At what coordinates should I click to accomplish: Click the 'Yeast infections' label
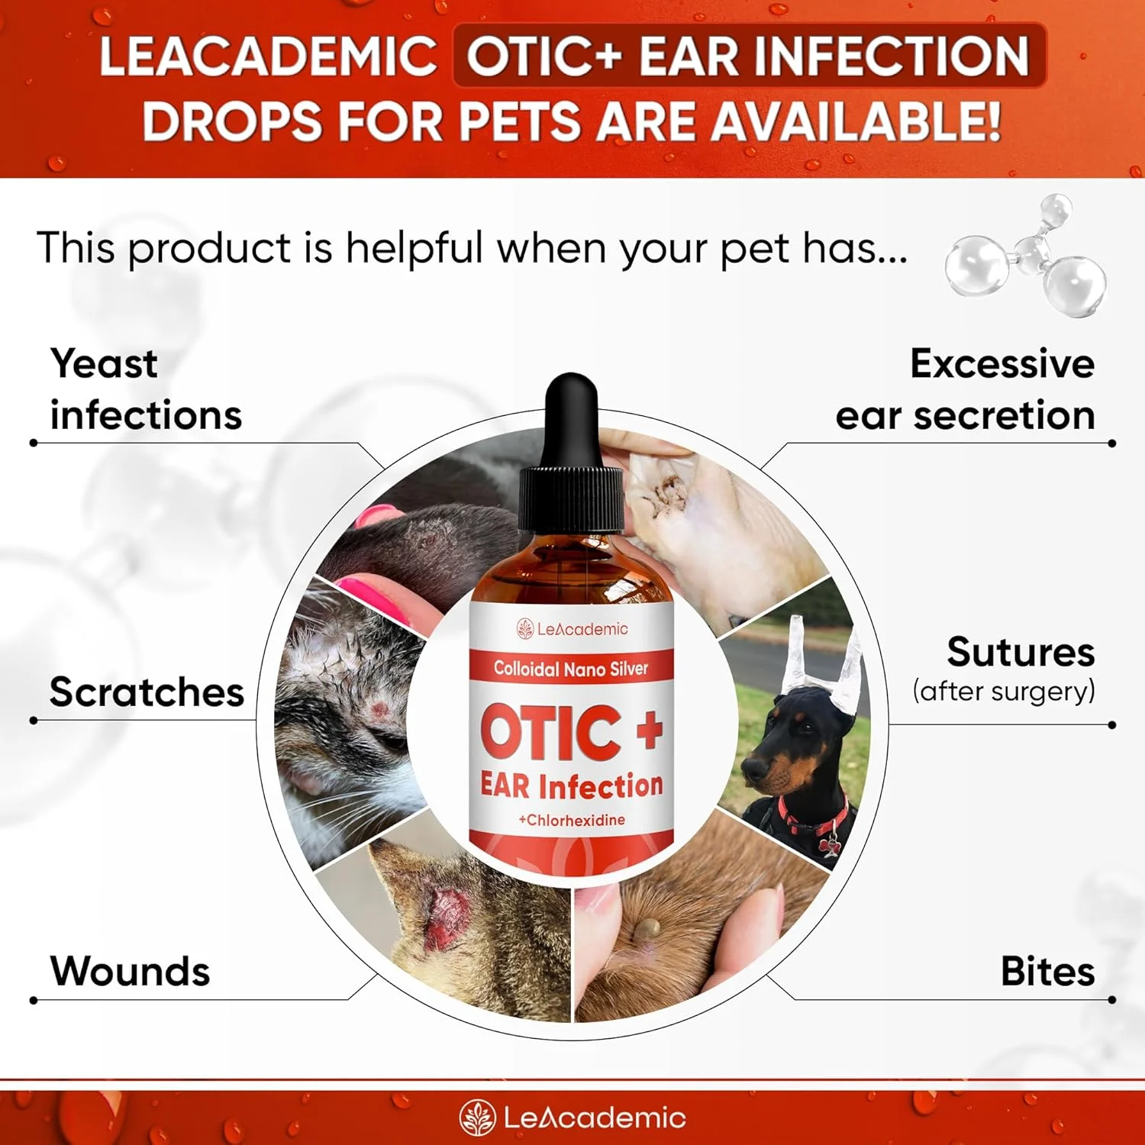point(145,389)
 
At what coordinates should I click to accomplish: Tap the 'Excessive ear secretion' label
point(965,389)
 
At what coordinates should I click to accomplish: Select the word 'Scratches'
point(147,692)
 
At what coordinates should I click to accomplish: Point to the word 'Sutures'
point(1021,653)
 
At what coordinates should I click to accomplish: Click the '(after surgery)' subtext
point(1004,692)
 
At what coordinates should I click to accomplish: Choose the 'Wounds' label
point(130,971)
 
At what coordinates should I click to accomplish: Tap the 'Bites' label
point(1047,971)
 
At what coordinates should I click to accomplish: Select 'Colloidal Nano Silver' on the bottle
point(571,669)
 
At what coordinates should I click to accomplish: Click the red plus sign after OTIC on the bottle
point(649,731)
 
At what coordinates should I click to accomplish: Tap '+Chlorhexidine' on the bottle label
point(572,820)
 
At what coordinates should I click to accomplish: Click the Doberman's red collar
point(813,817)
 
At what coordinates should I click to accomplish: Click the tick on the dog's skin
point(650,929)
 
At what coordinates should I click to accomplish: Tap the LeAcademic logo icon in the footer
point(478,1118)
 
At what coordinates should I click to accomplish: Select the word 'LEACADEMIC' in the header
point(267,56)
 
